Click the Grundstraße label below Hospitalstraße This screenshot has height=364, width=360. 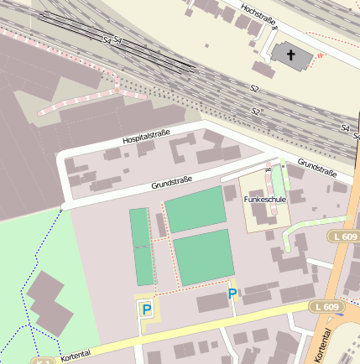(x=172, y=182)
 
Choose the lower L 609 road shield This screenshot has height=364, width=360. (x=328, y=307)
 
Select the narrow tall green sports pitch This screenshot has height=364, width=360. (x=141, y=247)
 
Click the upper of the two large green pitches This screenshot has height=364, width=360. (x=196, y=210)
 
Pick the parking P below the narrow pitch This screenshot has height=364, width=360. (x=147, y=310)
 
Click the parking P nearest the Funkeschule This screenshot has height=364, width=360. (x=232, y=294)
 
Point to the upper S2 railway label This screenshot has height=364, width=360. (x=253, y=87)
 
